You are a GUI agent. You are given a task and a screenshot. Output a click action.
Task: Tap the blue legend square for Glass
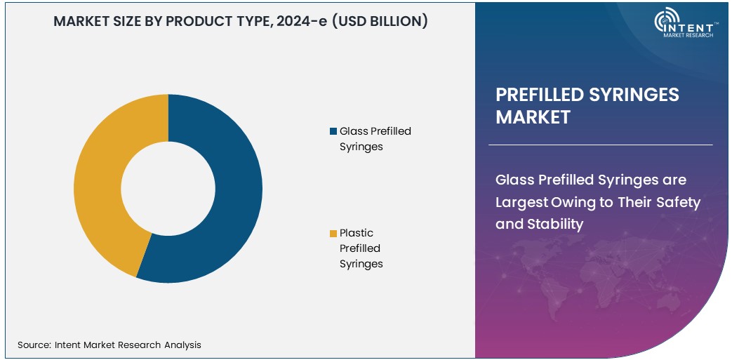pos(333,131)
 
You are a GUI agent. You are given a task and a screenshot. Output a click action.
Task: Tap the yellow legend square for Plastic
pos(333,234)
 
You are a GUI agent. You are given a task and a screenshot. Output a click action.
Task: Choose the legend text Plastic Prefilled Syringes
pos(361,248)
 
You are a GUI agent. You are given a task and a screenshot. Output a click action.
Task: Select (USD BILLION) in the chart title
pos(380,22)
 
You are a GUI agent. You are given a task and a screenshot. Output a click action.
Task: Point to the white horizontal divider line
pos(600,145)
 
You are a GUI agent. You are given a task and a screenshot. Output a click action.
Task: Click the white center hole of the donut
pos(168,188)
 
